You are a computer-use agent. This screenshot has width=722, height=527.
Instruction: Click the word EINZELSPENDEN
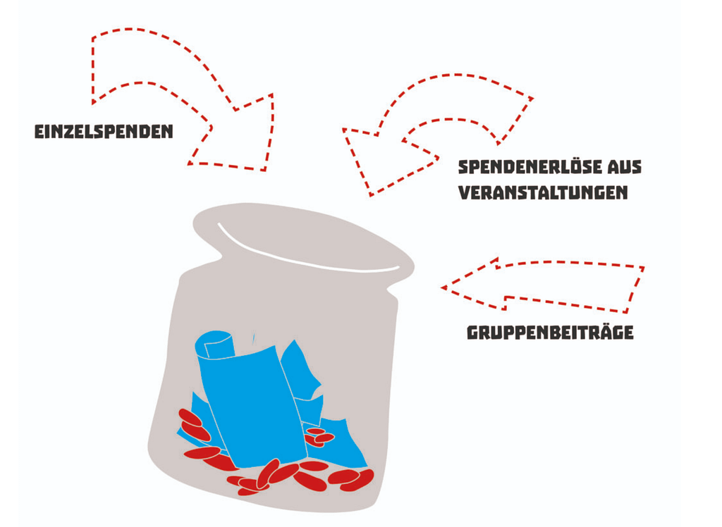tap(104, 132)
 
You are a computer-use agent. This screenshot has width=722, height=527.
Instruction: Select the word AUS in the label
tap(625, 167)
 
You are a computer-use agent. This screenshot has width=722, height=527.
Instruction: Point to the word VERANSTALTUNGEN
tap(544, 192)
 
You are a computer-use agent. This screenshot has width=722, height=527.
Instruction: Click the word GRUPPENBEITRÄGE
tap(550, 332)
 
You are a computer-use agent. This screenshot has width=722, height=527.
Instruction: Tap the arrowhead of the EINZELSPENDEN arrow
tap(240, 136)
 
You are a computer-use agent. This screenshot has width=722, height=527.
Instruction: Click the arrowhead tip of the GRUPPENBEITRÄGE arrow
tap(441, 287)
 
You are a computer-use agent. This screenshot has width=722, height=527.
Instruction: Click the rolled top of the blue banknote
tap(216, 345)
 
